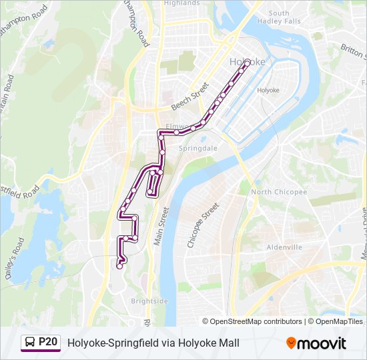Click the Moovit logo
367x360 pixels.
[x=316, y=343]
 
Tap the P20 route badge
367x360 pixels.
[x=41, y=343]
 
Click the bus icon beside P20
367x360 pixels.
[x=30, y=343]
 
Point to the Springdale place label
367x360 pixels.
[x=198, y=148]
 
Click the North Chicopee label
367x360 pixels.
[x=279, y=192]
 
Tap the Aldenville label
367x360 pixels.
[x=284, y=247]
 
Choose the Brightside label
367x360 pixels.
[x=149, y=301]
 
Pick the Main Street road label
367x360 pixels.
[x=161, y=227]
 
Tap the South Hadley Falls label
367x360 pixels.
[x=284, y=17]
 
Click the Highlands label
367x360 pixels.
[x=182, y=3]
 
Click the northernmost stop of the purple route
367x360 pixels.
[x=247, y=62]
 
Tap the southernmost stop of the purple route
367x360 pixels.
[x=119, y=266]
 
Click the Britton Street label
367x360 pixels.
[x=352, y=50]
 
